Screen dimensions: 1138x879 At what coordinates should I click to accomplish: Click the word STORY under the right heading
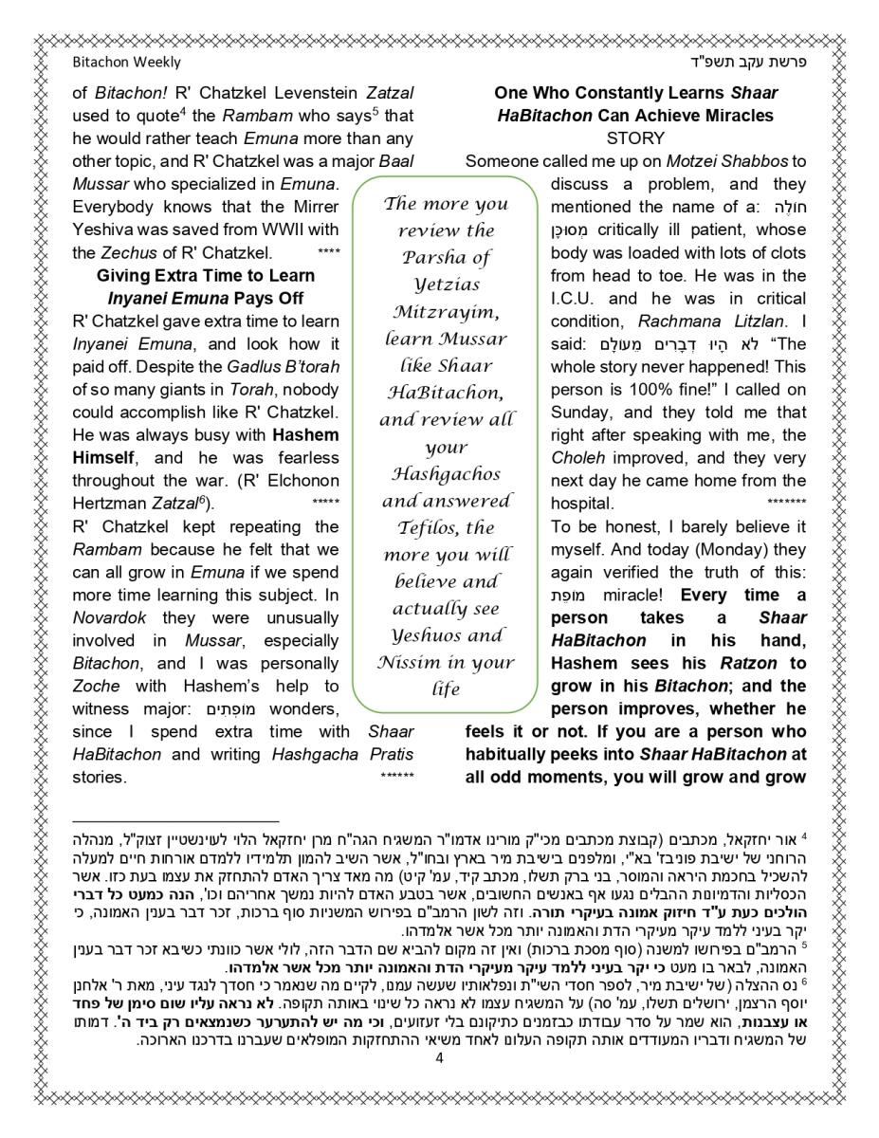coord(634,138)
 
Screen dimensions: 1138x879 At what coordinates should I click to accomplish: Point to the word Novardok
coord(105,618)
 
